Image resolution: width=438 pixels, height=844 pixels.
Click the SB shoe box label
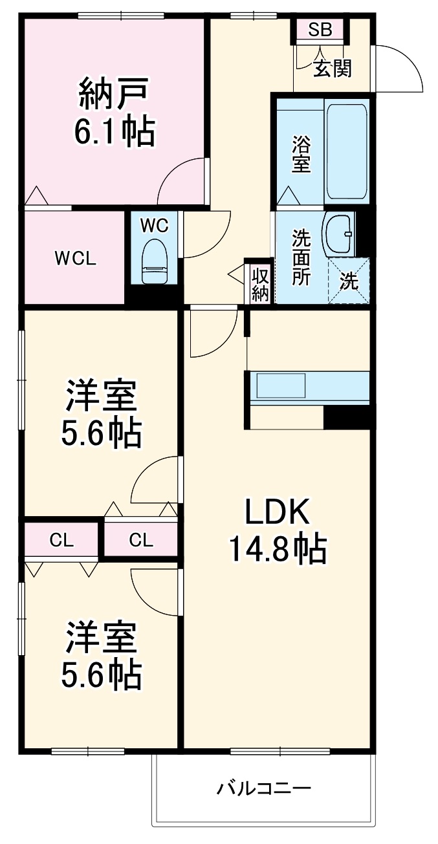320,29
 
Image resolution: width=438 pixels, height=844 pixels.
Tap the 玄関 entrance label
333,68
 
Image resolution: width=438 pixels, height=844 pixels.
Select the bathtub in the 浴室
346,151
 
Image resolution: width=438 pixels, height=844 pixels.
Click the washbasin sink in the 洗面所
338,233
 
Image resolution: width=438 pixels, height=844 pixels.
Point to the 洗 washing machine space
349,281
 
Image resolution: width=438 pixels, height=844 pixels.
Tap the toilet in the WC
155,261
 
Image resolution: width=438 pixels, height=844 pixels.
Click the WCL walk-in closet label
76,259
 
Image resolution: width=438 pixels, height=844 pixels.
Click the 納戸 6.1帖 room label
113,111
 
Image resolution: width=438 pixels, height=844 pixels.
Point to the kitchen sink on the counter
281,385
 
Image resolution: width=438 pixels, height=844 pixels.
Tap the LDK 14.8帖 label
278,530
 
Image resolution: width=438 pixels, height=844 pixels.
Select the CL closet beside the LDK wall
141,540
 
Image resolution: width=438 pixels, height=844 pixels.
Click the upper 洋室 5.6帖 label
101,414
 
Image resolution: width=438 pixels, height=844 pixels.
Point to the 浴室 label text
301,154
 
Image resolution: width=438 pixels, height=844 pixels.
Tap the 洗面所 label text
301,257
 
